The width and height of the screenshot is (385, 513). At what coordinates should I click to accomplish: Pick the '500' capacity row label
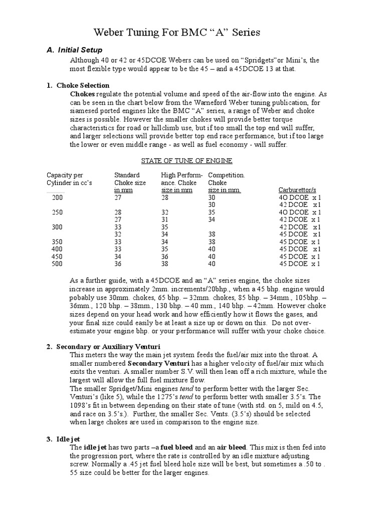pos(58,264)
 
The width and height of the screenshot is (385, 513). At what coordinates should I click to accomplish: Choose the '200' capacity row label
pos(58,197)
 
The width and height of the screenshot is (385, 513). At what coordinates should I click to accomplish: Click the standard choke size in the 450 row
pos(118,256)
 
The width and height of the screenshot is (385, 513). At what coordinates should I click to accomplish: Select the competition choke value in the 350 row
pos(213,241)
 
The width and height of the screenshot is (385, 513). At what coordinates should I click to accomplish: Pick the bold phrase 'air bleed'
pos(230,447)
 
